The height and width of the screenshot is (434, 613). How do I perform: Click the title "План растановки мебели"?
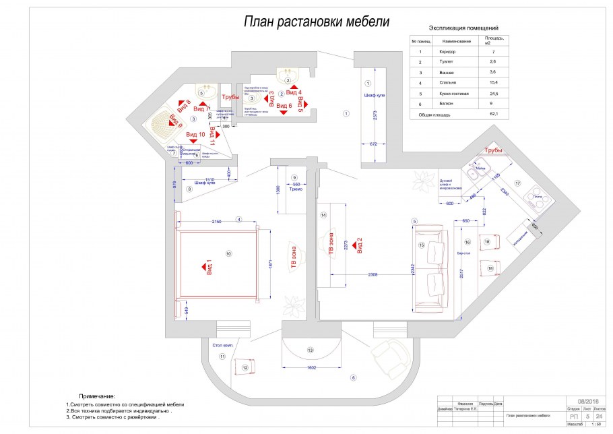point(316,22)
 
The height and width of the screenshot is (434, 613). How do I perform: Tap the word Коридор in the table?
point(447,52)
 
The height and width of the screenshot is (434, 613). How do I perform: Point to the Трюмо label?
point(295,189)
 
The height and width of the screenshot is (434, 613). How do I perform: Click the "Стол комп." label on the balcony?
point(222,345)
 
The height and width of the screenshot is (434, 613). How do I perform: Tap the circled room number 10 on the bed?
point(229,253)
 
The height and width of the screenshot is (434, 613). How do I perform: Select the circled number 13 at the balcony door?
point(311,350)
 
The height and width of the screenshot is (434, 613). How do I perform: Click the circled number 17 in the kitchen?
point(518,183)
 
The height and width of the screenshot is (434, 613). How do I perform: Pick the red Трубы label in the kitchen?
point(494,150)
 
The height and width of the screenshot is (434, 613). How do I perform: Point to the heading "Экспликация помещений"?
point(463,29)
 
